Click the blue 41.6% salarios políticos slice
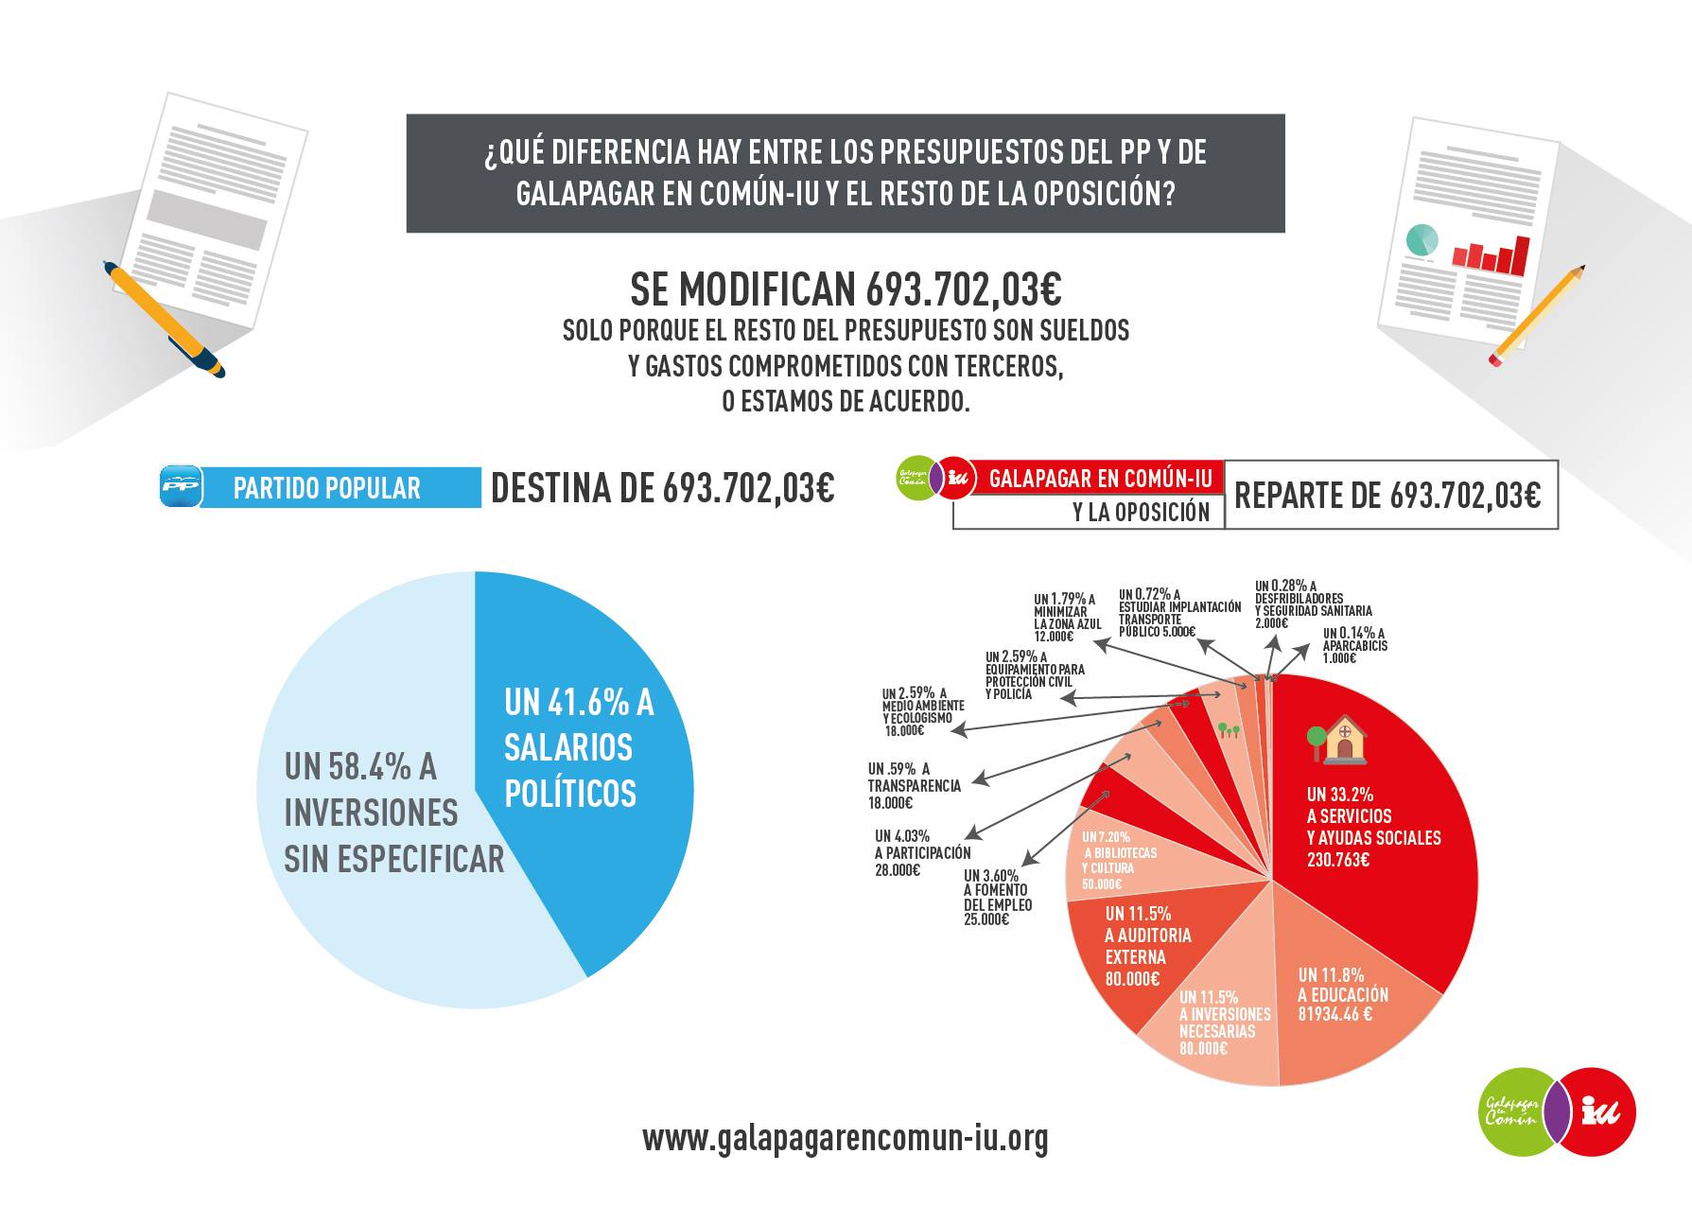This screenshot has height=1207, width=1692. [577, 757]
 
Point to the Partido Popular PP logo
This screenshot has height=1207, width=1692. [180, 487]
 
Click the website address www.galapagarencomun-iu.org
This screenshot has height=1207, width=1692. [846, 1138]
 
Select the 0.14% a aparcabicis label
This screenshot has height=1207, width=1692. [1354, 645]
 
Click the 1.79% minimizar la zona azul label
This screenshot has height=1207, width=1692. [1067, 618]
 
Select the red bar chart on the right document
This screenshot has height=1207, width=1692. [1491, 254]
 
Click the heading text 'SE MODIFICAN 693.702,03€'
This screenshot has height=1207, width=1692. [846, 289]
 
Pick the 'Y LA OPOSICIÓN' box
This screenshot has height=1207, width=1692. [1088, 512]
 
